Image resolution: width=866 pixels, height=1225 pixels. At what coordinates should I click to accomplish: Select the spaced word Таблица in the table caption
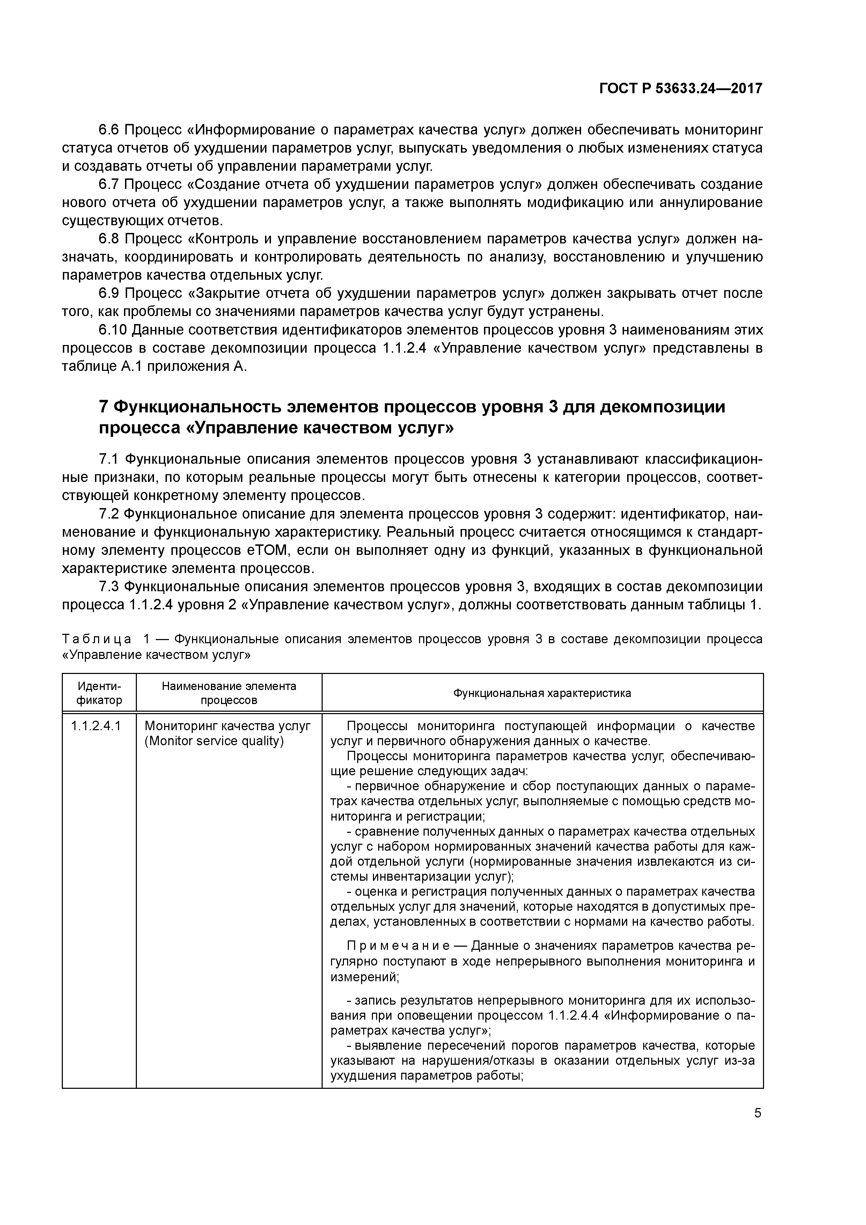97,639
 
